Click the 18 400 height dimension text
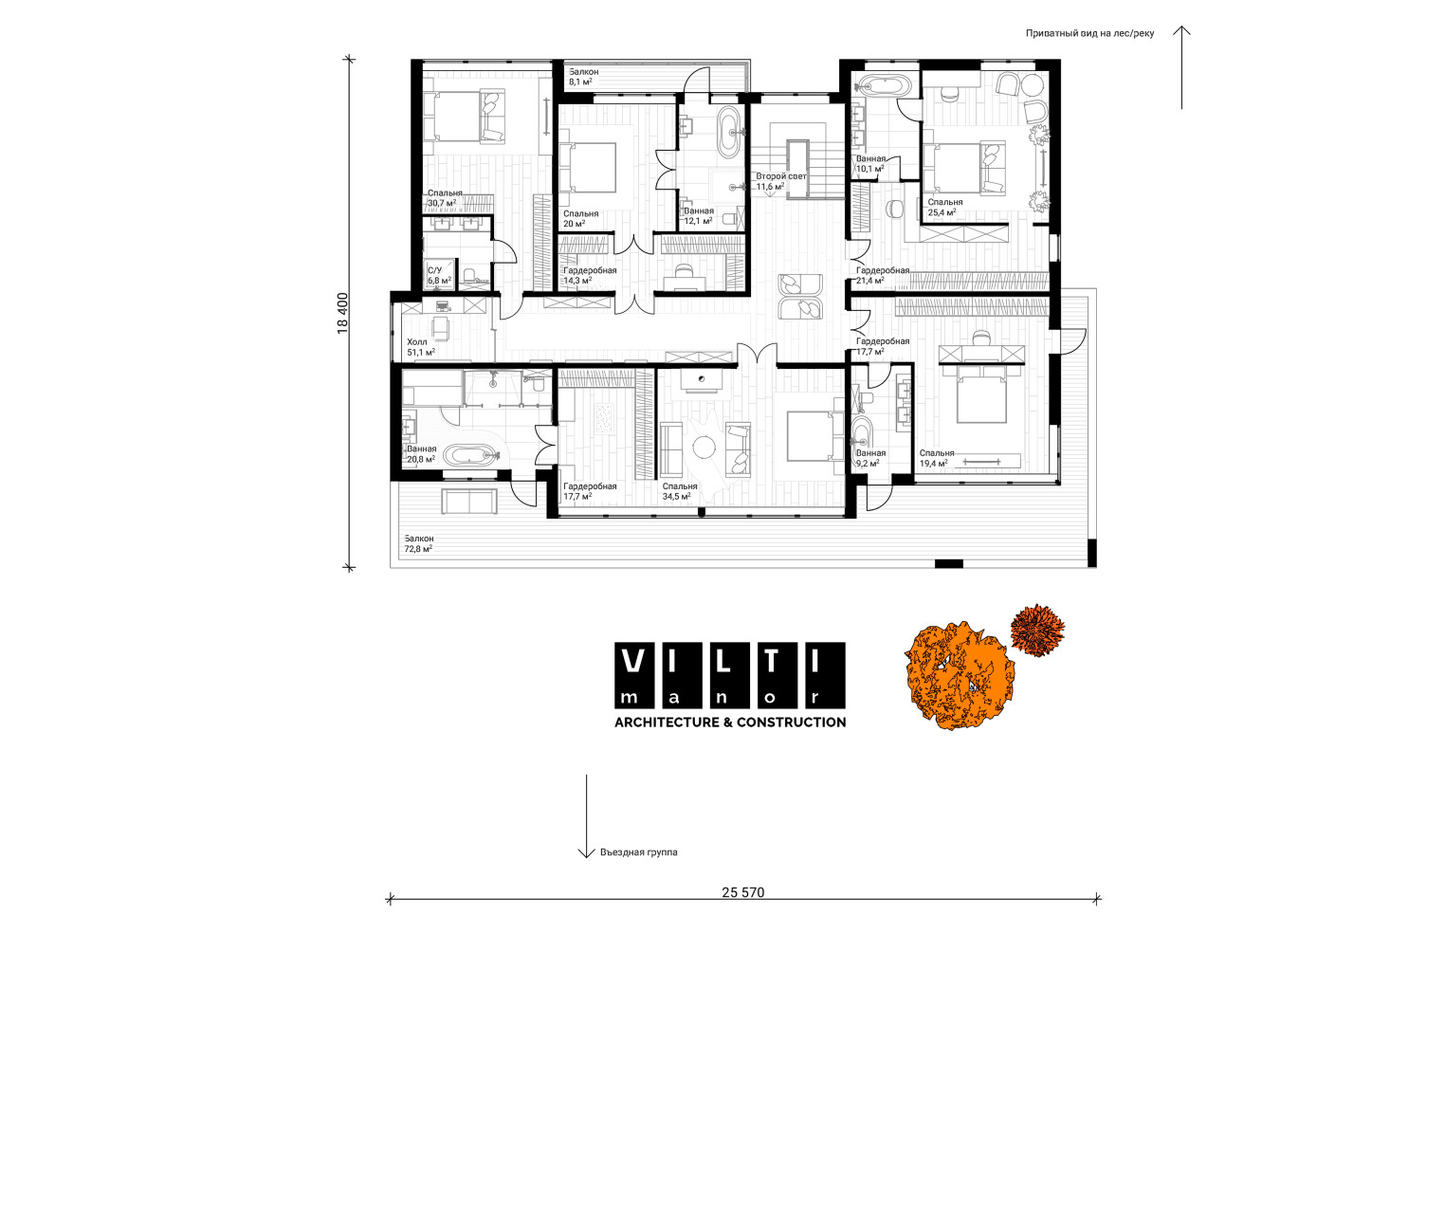pos(342,314)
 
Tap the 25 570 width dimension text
pos(742,892)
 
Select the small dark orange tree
pos(1036,630)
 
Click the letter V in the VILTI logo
pos(634,661)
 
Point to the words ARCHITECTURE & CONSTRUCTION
pos(730,722)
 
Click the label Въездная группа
pos(639,852)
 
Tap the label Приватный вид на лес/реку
pos(1089,33)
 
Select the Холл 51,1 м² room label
pos(421,348)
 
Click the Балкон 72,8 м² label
pos(419,543)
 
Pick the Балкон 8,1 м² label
pos(583,77)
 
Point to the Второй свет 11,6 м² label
pos(780,181)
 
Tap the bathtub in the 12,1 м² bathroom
pos(729,132)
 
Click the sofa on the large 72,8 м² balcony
pos(469,502)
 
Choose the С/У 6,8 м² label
pos(439,276)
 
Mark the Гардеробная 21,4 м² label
pos(883,276)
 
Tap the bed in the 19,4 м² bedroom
pos(981,394)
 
